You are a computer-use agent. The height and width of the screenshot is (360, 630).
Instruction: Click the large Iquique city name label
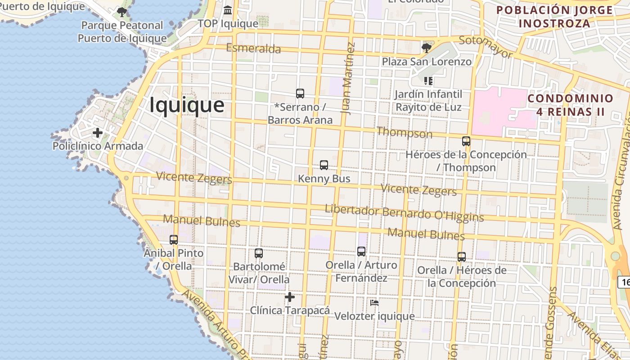pyautogui.click(x=186, y=105)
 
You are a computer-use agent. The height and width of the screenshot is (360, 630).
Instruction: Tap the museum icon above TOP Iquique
pyautogui.click(x=228, y=10)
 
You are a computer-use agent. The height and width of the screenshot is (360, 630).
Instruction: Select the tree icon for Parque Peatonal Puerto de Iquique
pyautogui.click(x=121, y=12)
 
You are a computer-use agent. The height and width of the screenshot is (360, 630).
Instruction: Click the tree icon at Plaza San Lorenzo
pyautogui.click(x=426, y=48)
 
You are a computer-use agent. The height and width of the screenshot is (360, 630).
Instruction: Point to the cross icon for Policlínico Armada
pyautogui.click(x=97, y=133)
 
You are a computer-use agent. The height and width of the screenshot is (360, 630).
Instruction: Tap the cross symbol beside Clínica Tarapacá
pyautogui.click(x=290, y=297)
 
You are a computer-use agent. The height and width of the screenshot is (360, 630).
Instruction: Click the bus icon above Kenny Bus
pyautogui.click(x=324, y=165)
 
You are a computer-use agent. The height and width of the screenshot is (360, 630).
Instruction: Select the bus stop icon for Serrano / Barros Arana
pyautogui.click(x=300, y=94)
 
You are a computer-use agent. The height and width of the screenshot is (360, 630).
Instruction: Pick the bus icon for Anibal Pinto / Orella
pyautogui.click(x=174, y=240)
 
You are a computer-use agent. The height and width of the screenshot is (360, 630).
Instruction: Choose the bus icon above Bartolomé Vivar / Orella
pyautogui.click(x=258, y=253)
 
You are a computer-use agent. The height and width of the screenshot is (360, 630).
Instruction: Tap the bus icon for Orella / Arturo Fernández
pyautogui.click(x=361, y=252)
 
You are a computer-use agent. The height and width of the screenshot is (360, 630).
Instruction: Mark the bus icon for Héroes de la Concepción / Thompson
pyautogui.click(x=466, y=141)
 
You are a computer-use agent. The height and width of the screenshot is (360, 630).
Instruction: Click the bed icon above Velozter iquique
pyautogui.click(x=374, y=303)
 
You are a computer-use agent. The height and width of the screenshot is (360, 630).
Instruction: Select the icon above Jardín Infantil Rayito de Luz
pyautogui.click(x=428, y=81)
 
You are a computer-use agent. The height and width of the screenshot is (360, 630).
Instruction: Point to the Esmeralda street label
pyautogui.click(x=253, y=48)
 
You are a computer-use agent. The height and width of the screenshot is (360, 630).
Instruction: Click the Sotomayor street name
pyautogui.click(x=486, y=47)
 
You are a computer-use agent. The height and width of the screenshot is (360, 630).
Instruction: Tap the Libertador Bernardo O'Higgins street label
pyautogui.click(x=404, y=213)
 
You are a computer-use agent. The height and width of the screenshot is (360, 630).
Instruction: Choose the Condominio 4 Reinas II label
pyautogui.click(x=570, y=105)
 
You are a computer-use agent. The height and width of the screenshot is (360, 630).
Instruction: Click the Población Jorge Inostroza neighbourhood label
pyautogui.click(x=554, y=17)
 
